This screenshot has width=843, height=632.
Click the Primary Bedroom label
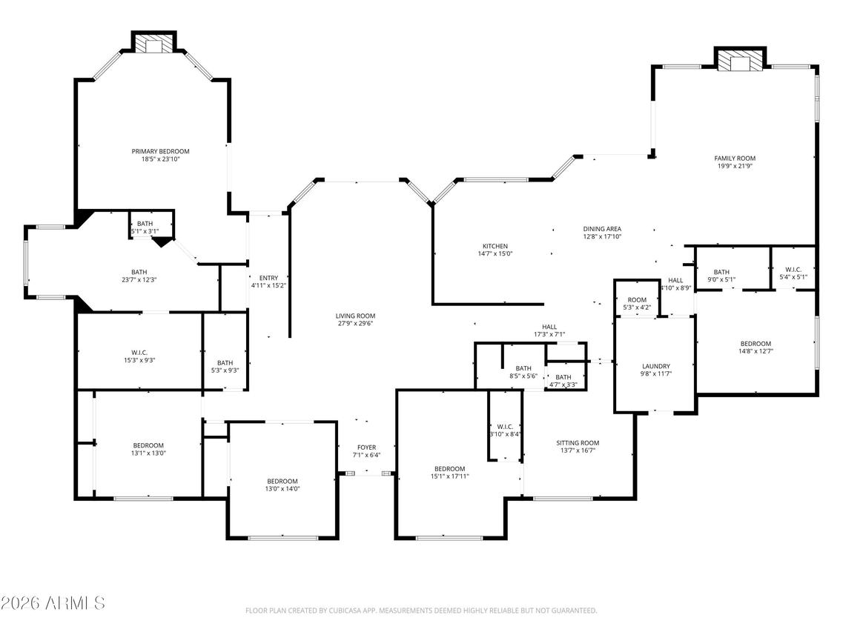[161, 151]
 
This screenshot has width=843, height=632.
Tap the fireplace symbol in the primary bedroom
[154, 46]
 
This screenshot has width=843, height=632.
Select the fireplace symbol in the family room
[738, 63]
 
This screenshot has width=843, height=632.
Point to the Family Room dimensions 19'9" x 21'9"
[735, 166]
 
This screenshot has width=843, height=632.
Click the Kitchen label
[495, 246]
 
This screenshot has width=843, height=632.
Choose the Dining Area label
[601, 229]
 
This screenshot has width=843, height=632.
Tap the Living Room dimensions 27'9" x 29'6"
[356, 323]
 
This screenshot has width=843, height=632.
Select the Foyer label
[366, 448]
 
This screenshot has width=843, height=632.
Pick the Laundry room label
[655, 366]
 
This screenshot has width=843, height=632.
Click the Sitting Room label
[578, 443]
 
